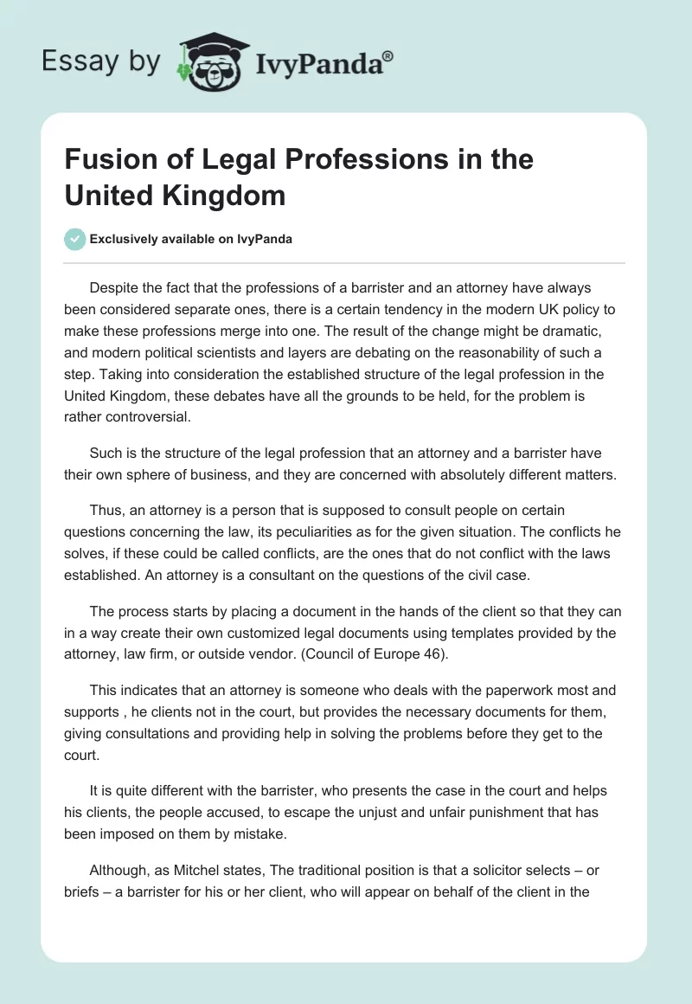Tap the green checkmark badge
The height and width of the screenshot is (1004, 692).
point(75,239)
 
